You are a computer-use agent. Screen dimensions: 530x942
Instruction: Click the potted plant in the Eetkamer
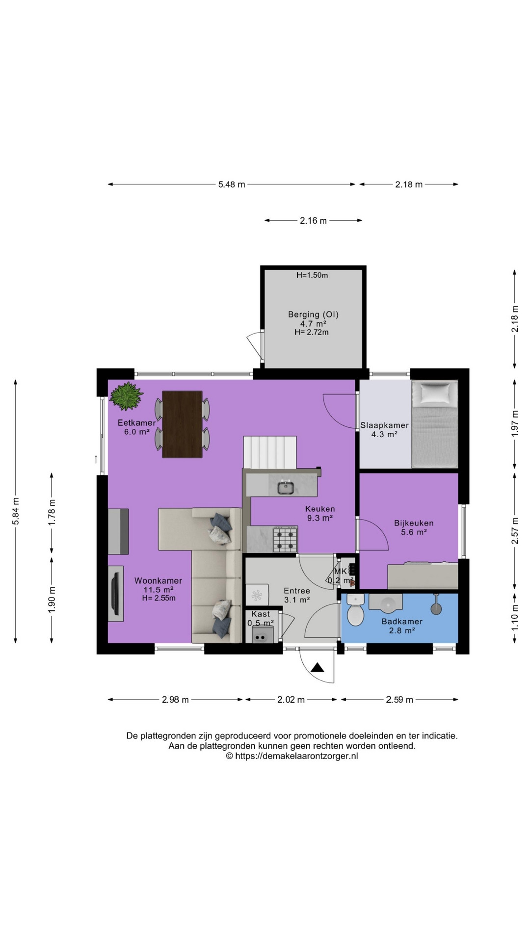click(126, 396)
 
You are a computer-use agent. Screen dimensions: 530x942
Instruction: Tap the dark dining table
click(182, 424)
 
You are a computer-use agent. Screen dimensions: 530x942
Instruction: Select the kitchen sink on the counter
click(286, 488)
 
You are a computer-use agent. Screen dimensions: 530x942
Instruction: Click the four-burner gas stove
click(285, 539)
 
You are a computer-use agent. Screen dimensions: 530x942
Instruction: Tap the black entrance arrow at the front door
click(318, 667)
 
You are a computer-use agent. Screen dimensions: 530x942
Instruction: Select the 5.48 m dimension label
click(232, 184)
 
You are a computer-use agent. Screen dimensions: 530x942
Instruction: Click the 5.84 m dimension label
click(16, 511)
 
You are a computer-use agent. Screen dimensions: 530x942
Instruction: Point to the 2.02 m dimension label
click(291, 700)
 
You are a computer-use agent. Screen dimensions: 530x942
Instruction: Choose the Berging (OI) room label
click(313, 314)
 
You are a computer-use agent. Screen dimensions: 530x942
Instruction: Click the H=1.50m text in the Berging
click(312, 275)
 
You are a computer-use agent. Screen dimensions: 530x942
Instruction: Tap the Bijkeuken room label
click(414, 523)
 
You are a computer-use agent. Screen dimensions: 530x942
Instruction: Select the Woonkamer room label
click(158, 580)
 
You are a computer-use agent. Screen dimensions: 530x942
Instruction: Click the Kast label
click(261, 614)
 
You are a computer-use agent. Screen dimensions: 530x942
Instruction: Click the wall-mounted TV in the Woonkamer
click(116, 593)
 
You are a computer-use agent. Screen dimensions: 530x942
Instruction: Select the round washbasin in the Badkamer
click(386, 603)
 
